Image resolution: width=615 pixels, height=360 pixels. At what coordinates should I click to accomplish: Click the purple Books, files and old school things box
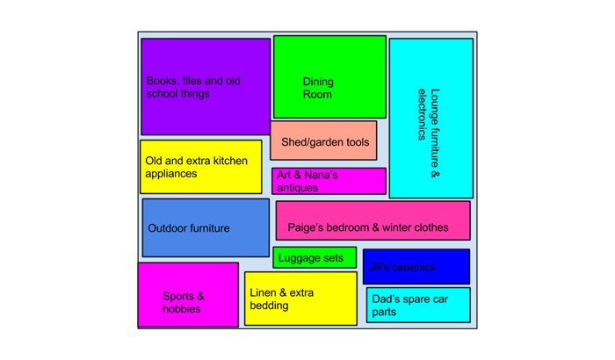[205, 86]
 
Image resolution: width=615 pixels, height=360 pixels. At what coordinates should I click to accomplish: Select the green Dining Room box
[329, 76]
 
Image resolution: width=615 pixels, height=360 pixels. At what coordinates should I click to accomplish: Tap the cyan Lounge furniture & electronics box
[430, 119]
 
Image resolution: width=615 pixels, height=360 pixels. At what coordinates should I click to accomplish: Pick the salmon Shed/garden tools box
[323, 140]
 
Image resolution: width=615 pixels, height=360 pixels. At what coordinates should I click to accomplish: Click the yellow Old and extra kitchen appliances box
[200, 167]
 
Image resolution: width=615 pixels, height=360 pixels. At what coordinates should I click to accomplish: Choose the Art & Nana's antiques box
[329, 181]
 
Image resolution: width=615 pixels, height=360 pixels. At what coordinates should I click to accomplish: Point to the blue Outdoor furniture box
[206, 227]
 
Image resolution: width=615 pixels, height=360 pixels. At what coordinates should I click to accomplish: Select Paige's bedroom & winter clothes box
[373, 220]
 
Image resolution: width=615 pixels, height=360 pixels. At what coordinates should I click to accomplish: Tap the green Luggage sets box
[315, 258]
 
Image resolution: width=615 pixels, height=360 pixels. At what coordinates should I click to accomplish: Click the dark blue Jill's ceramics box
[416, 267]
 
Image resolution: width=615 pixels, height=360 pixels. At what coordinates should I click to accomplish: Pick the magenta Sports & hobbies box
[188, 294]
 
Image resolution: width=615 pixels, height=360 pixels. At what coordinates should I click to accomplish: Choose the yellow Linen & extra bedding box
[300, 299]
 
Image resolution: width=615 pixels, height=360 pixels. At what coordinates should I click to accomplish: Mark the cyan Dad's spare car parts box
[417, 305]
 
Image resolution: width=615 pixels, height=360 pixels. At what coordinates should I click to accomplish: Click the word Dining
[318, 82]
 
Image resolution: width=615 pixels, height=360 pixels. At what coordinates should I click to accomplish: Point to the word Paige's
[308, 227]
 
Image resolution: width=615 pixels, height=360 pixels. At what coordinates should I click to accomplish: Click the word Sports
[178, 297]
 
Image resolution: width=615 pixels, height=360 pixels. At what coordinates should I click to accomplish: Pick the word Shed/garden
[312, 142]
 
